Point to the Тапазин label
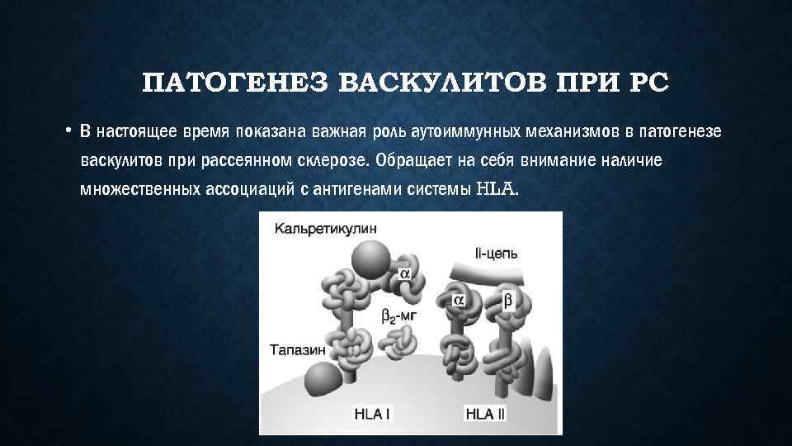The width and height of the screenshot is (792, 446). pos(295,350)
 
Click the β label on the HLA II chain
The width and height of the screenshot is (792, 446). pos(507,301)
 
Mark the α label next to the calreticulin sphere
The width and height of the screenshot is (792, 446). pos(406,273)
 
